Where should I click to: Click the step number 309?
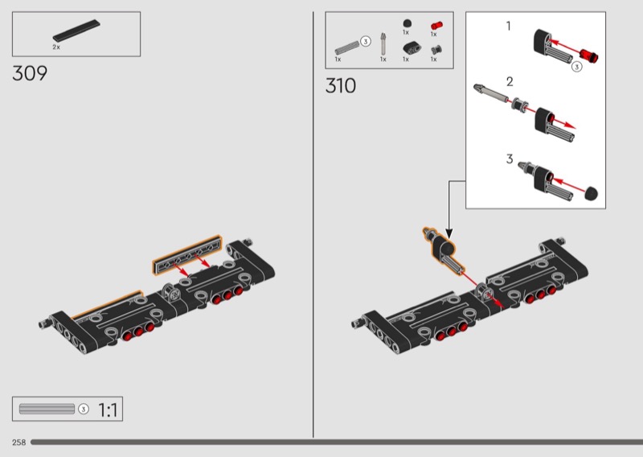pos(30,73)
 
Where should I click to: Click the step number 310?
pos(341,86)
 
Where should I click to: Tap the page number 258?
pos(18,443)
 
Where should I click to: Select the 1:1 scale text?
pos(108,410)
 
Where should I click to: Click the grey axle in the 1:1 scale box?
pos(47,409)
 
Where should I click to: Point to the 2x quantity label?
pos(56,47)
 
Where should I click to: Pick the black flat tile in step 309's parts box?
pos(76,31)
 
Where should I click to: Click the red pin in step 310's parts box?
pos(436,26)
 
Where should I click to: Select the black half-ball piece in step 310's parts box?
pos(407,24)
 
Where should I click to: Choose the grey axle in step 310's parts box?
pos(347,48)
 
